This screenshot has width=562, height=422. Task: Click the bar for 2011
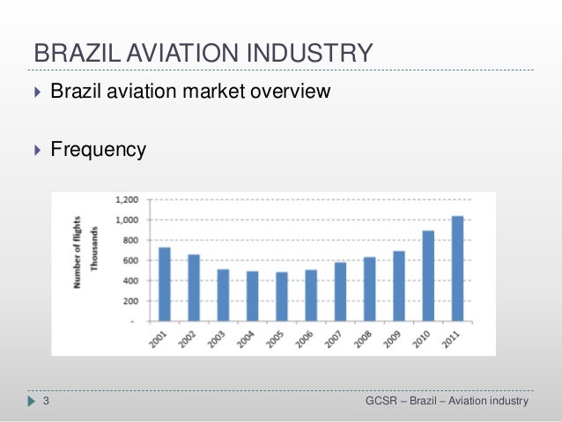click(457, 269)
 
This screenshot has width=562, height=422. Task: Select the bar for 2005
click(282, 297)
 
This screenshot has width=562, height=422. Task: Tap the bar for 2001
click(165, 285)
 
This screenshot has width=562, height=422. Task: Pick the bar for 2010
click(428, 276)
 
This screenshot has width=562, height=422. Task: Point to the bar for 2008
click(370, 289)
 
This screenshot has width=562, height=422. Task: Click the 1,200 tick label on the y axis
click(127, 200)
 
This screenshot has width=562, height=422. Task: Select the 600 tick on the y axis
click(130, 261)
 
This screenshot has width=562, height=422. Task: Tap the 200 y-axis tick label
click(130, 301)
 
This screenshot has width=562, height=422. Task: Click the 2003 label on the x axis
click(216, 339)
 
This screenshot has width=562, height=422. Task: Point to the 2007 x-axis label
click(333, 339)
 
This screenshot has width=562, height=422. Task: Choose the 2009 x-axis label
click(392, 339)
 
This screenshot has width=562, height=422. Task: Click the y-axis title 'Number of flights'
click(77, 252)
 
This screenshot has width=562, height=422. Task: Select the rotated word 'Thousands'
click(94, 248)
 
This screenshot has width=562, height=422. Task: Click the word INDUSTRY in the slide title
click(310, 53)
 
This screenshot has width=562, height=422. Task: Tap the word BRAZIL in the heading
click(78, 53)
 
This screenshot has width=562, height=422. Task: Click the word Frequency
click(98, 150)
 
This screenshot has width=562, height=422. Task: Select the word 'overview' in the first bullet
click(291, 91)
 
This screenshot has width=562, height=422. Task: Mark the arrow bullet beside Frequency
click(38, 150)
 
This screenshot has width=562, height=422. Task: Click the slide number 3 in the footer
click(46, 401)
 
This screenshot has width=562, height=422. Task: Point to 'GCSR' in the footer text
click(381, 401)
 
